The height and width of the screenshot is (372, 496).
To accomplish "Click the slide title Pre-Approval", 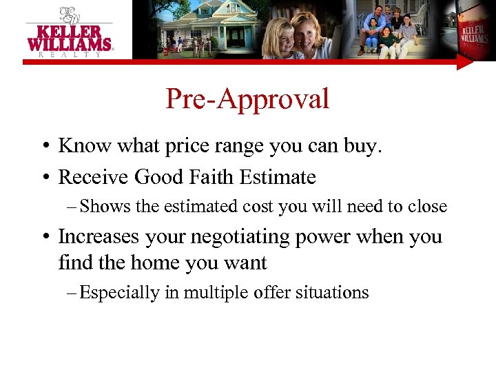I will click(x=247, y=100).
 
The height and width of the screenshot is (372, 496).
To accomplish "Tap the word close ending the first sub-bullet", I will click(x=428, y=207).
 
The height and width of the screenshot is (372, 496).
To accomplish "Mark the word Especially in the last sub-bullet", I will click(x=119, y=293).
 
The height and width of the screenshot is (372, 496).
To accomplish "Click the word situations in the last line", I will click(x=333, y=293).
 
